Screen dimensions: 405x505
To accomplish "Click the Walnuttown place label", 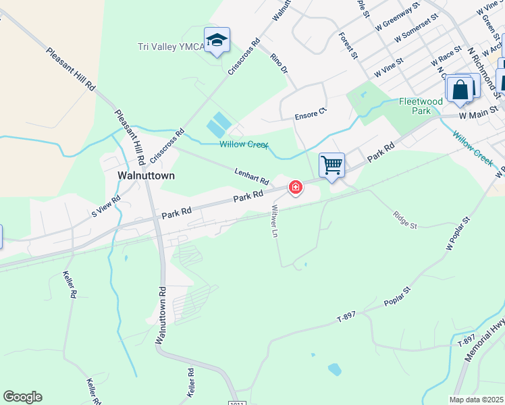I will click(146, 175).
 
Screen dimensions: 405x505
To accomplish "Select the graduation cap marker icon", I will click(217, 40).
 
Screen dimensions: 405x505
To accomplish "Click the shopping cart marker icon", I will click(331, 165).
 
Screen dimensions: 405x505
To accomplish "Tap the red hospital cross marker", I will click(296, 187).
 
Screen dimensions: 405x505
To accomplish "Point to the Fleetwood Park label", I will click(420, 106).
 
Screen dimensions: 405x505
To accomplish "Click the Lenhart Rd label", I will click(252, 177).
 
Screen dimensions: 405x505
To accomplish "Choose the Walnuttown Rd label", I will click(161, 315).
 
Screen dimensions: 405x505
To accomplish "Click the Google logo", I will click(22, 397).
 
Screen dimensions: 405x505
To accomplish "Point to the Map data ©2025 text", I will click(475, 400).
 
